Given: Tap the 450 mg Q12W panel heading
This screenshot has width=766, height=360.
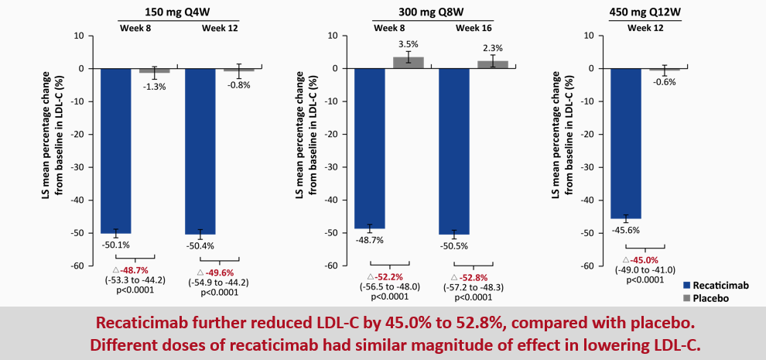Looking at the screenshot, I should pyautogui.click(x=650, y=12).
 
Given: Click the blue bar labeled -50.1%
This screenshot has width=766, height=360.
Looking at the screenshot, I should pyautogui.click(x=116, y=150).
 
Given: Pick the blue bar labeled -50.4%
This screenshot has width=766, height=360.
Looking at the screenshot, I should pyautogui.click(x=200, y=151).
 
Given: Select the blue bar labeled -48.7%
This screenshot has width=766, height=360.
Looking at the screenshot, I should pyautogui.click(x=370, y=148).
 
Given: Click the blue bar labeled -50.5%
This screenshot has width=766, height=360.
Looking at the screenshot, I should pyautogui.click(x=454, y=151).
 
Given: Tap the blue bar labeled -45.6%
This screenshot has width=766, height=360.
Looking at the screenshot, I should pyautogui.click(x=626, y=143).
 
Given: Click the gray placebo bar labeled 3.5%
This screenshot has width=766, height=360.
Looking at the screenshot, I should pyautogui.click(x=409, y=63).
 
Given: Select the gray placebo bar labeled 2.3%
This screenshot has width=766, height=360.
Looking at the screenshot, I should pyautogui.click(x=493, y=64).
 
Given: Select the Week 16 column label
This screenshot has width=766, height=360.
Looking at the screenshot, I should pyautogui.click(x=474, y=28).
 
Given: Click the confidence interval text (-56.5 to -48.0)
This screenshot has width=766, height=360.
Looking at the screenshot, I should pyautogui.click(x=389, y=286).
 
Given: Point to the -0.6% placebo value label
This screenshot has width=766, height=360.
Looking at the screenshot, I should pyautogui.click(x=664, y=82).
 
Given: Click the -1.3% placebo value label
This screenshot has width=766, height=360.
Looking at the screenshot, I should pyautogui.click(x=155, y=86).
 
